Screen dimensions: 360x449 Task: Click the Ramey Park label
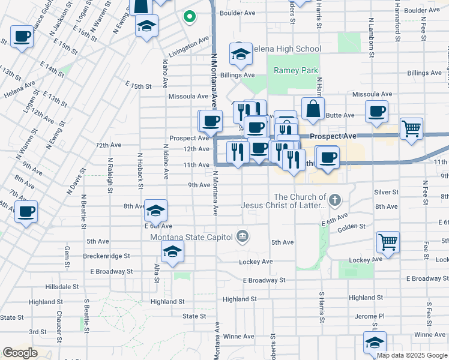click(295, 71)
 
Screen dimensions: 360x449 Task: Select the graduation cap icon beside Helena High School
click(241, 55)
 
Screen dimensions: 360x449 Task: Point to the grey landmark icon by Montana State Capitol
click(242, 235)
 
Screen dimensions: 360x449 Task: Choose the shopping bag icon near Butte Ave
click(312, 109)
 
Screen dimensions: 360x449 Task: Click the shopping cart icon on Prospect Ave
click(411, 128)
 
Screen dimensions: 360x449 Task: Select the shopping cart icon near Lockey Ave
click(388, 242)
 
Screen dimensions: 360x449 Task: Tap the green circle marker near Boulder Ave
click(190, 17)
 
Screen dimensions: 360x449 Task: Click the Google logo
click(20, 353)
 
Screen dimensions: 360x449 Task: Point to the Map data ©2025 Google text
click(411, 355)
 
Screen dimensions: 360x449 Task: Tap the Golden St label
click(352, 226)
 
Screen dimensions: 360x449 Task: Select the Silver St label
click(387, 192)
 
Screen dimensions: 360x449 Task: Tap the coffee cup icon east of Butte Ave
click(376, 111)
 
